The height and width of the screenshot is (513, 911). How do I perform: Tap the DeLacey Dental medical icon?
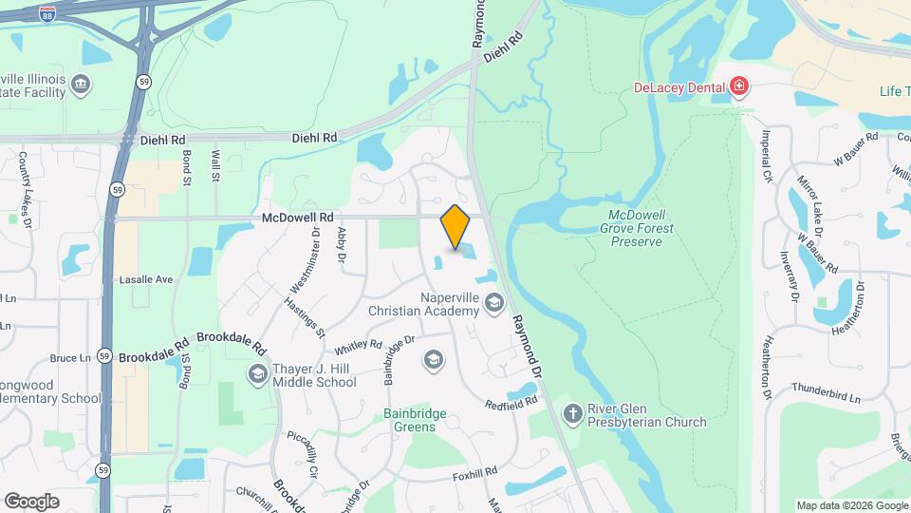(x=740, y=88)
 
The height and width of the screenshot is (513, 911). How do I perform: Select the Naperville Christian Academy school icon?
(x=493, y=304)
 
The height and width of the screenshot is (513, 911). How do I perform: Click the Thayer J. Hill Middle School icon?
(x=257, y=374)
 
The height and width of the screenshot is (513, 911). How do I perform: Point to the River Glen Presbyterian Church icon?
(x=572, y=413)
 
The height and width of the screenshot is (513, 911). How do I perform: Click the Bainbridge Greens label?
(x=422, y=420)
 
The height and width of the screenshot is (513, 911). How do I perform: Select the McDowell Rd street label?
(x=298, y=218)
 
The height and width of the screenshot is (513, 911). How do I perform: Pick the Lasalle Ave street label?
(x=146, y=280)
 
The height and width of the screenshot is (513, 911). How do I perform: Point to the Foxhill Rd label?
(x=475, y=472)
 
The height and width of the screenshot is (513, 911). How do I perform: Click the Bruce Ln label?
(x=70, y=358)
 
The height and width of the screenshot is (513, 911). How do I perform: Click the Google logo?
(x=31, y=501)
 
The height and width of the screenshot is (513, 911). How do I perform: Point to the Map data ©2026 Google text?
(x=850, y=505)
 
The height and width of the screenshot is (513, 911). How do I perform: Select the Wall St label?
(x=215, y=165)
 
